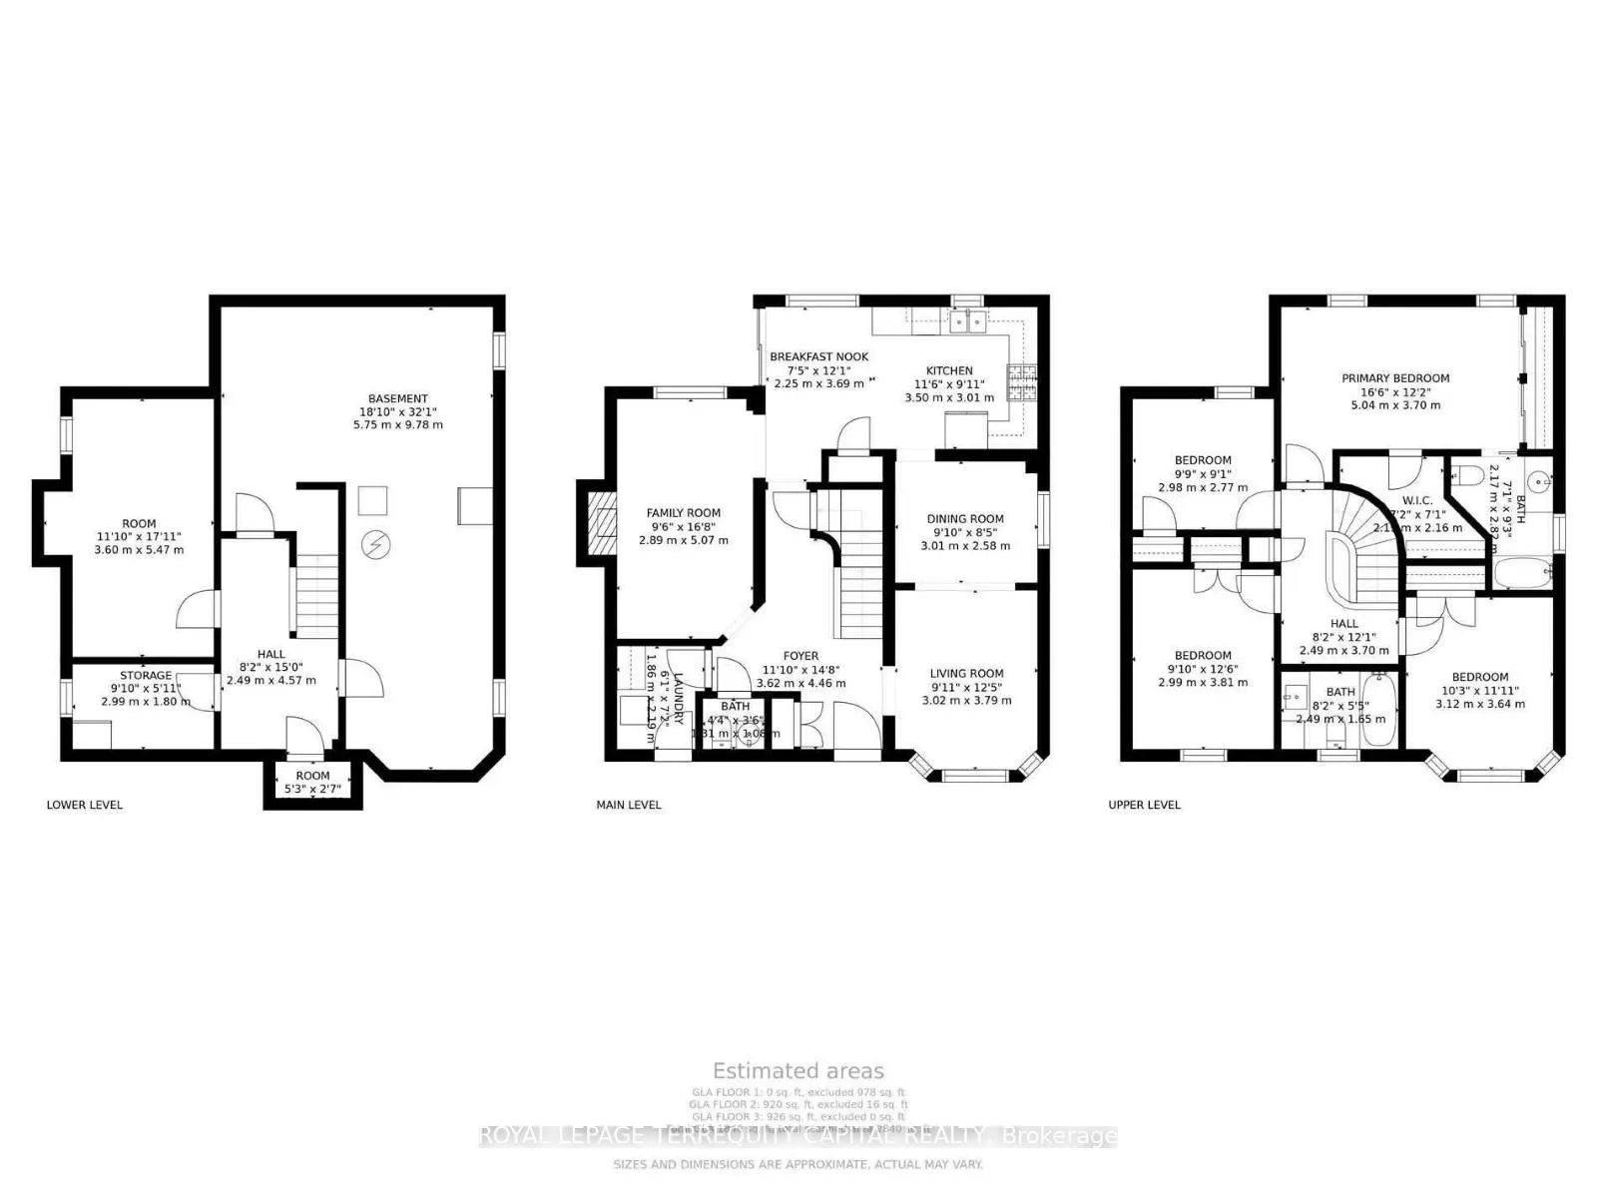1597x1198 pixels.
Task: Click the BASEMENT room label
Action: [397, 399]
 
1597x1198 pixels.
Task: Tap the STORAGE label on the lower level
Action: [146, 676]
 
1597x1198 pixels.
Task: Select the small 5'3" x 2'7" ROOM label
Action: [312, 776]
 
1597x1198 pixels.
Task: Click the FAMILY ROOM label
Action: [683, 513]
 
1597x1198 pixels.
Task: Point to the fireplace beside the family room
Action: [602, 523]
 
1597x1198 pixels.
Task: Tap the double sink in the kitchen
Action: [966, 321]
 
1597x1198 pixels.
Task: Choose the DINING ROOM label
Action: [965, 519]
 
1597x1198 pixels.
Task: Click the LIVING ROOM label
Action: [966, 674]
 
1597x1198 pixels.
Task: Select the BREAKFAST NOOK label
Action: [818, 357]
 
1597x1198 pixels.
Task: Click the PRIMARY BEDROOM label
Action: [1394, 378]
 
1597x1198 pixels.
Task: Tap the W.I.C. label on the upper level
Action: [1416, 501]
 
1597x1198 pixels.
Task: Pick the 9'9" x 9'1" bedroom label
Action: [1202, 461]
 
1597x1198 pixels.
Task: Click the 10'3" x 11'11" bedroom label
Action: [1479, 677]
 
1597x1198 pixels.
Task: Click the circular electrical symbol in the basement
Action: [375, 546]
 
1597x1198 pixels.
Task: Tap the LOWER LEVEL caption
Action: [85, 805]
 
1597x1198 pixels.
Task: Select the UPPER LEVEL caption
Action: [1144, 805]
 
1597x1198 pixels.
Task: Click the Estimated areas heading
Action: [798, 1071]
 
